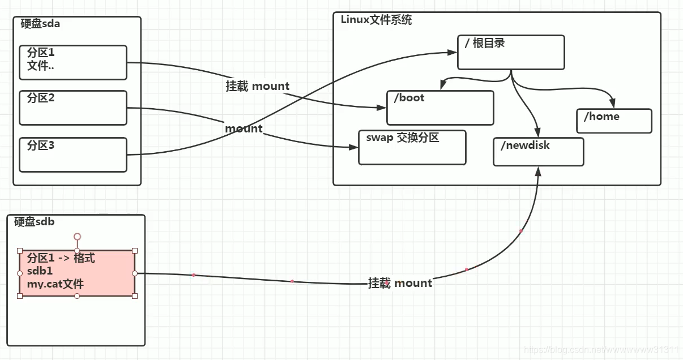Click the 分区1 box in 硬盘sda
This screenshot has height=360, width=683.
(x=72, y=63)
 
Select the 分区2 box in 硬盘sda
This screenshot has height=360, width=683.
(x=72, y=108)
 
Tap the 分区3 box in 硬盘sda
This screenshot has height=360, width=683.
(x=72, y=155)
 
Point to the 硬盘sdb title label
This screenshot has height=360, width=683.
(x=35, y=222)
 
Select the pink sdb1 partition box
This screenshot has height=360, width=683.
(x=77, y=273)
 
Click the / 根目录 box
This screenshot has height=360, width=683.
(x=511, y=53)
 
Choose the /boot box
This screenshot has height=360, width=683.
(x=440, y=108)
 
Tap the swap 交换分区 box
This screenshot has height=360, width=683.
(x=412, y=147)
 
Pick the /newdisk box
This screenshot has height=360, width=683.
(x=538, y=152)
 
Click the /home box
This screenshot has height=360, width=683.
(x=614, y=121)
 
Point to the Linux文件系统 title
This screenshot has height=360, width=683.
(x=376, y=20)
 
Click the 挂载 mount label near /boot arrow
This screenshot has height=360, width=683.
(x=258, y=87)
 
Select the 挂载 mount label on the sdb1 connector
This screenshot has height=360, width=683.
(x=400, y=283)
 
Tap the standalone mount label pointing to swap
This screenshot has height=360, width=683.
(x=244, y=129)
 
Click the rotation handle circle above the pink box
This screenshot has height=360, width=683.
(x=77, y=236)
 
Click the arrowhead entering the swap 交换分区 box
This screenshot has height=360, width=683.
(x=355, y=147)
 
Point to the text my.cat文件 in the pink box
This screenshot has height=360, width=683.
(x=55, y=284)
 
